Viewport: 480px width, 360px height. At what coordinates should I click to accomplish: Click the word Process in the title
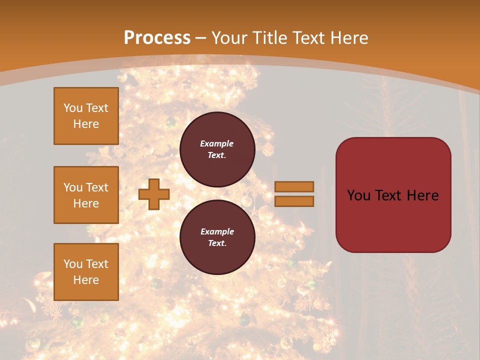[x=157, y=37]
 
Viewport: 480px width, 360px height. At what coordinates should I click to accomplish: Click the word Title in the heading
[x=269, y=37]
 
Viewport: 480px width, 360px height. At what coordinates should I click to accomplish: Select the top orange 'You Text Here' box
[x=86, y=116]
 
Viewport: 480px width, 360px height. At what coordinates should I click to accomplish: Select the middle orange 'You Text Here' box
[x=86, y=195]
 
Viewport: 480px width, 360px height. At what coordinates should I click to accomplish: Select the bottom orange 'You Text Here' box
[x=86, y=271]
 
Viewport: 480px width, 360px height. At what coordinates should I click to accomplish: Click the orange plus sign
[x=154, y=194]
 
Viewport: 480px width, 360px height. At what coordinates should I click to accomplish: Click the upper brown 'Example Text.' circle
[x=217, y=149]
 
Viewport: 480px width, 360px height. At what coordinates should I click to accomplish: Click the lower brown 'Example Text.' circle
[x=217, y=237]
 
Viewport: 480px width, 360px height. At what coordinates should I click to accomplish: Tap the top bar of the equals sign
[x=294, y=186]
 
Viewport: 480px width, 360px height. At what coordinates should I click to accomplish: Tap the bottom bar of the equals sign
[x=294, y=201]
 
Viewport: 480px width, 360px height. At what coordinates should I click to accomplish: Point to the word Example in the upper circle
[x=216, y=143]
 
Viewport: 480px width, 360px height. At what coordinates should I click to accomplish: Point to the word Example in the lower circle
[x=217, y=231]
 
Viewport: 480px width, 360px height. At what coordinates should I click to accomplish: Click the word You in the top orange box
[x=73, y=108]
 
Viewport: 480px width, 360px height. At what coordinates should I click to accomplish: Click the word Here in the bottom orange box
[x=86, y=280]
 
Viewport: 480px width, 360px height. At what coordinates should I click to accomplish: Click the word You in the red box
[x=359, y=195]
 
